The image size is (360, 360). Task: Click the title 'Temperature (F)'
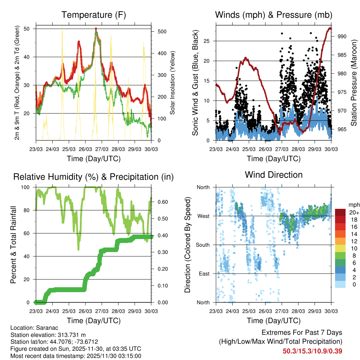click(94, 15)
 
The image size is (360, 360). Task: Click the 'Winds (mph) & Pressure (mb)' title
click(274, 15)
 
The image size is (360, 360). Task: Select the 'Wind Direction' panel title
click(274, 175)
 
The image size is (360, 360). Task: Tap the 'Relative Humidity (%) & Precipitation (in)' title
click(94, 177)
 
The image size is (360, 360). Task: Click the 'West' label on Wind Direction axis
click(203, 216)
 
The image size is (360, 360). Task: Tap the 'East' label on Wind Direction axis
click(204, 274)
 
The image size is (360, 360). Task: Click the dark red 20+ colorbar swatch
click(340, 212)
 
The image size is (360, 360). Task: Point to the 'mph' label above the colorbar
click(353, 205)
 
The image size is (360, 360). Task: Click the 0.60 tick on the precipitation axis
click(161, 202)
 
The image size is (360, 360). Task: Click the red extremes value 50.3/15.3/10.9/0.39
click(313, 351)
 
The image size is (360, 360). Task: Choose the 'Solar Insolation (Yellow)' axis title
click(173, 83)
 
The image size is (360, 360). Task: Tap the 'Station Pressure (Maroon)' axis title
click(354, 83)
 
